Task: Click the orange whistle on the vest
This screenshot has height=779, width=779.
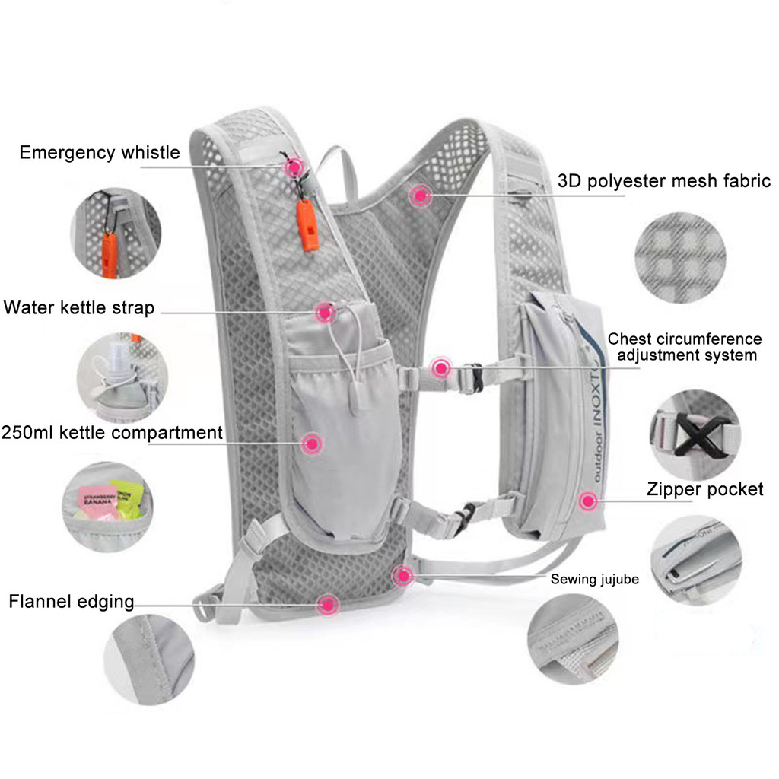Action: pyautogui.click(x=309, y=227)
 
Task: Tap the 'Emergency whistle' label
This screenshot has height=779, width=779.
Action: pyautogui.click(x=100, y=153)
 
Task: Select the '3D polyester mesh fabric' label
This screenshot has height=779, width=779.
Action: pyautogui.click(x=664, y=181)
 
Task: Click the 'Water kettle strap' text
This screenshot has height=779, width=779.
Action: pyautogui.click(x=79, y=308)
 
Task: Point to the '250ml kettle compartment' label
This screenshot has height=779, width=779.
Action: pyautogui.click(x=112, y=433)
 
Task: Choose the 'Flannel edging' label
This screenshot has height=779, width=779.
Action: pyautogui.click(x=72, y=602)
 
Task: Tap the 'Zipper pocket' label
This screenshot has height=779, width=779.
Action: pyautogui.click(x=704, y=489)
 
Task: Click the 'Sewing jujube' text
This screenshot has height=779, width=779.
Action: pyautogui.click(x=594, y=580)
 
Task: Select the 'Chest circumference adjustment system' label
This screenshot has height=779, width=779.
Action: pyautogui.click(x=685, y=347)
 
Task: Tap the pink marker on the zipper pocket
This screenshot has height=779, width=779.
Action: pyautogui.click(x=587, y=501)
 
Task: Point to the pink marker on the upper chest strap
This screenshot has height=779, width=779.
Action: pyautogui.click(x=440, y=369)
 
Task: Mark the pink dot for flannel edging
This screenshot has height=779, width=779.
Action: pyautogui.click(x=328, y=605)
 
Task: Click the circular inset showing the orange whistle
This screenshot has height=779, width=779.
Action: pyautogui.click(x=116, y=233)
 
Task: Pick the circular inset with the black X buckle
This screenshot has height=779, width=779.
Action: pyautogui.click(x=695, y=434)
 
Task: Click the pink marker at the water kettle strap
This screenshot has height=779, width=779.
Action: pyautogui.click(x=326, y=311)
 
